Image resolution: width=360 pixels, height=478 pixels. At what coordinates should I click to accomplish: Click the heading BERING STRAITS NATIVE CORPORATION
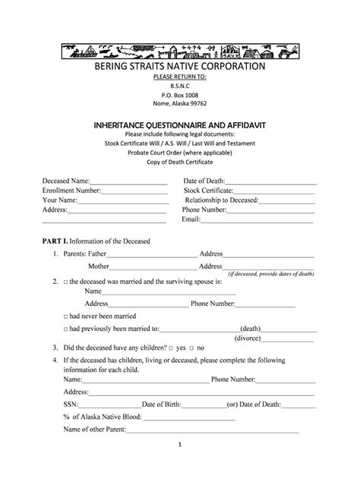point(179,67)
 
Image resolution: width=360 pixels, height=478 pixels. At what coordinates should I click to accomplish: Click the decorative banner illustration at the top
point(179,51)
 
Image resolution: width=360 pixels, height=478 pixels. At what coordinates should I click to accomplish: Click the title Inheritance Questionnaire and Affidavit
point(179,123)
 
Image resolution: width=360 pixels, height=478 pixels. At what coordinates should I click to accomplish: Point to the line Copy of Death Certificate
point(179,162)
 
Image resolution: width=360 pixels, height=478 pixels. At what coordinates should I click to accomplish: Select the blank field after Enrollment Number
point(134,193)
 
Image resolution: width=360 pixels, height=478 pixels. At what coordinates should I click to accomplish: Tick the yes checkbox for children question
point(172,347)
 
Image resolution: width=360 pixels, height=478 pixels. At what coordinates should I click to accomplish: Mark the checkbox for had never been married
point(66,314)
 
